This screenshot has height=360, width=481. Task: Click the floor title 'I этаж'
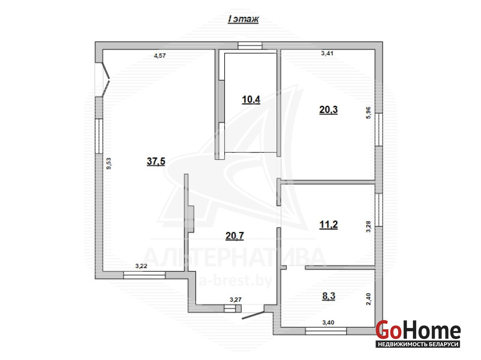[x=243, y=19]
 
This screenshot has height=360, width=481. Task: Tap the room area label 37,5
[x=156, y=161]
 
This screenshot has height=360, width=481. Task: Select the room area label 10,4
[x=251, y=99]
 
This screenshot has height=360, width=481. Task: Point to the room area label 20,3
[x=328, y=109]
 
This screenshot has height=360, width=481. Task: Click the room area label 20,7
[x=235, y=236]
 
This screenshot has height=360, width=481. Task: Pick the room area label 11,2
[x=328, y=225]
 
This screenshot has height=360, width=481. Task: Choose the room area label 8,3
[x=328, y=296]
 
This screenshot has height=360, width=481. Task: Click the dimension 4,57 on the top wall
[x=160, y=55]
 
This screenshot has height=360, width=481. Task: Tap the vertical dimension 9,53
[x=109, y=163]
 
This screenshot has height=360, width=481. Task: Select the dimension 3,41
[x=327, y=53]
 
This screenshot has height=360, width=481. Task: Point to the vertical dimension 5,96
[x=368, y=112]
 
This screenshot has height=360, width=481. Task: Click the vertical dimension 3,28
[x=368, y=226]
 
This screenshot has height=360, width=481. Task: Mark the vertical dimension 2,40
[x=368, y=299]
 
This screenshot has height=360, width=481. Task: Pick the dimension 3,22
[x=141, y=266]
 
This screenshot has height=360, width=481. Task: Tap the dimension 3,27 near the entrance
[x=236, y=299]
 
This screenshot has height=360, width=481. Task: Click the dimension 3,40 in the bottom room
[x=328, y=322]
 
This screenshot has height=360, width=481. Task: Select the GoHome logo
[x=418, y=333]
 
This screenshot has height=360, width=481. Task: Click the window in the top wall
[x=250, y=45]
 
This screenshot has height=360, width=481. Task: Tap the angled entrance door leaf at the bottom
[x=253, y=315]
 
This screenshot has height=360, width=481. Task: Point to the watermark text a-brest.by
[x=236, y=281]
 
